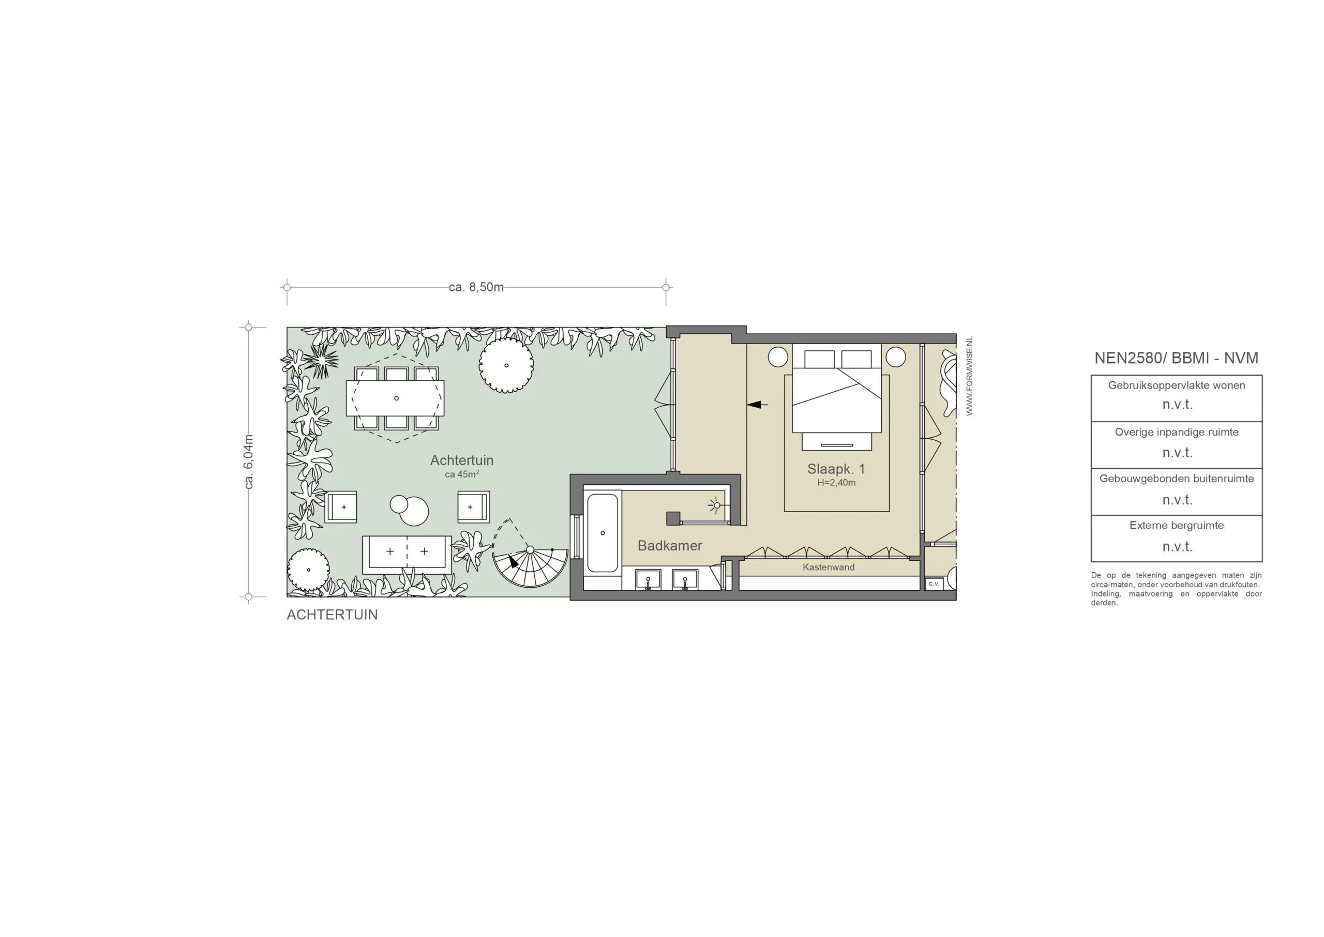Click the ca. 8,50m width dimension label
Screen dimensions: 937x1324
coord(476,287)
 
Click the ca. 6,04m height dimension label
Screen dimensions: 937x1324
coord(249,462)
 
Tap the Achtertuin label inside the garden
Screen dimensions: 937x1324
coord(461,460)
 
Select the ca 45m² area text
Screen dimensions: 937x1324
coord(461,474)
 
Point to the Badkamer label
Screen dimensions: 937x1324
coord(669,546)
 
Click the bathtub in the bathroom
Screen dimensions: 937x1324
coord(602,532)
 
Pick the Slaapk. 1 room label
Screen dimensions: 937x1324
coord(836,469)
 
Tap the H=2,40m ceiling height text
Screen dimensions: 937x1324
coord(836,483)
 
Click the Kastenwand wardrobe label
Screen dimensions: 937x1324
coord(828,568)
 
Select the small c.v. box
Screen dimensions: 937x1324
coord(934,584)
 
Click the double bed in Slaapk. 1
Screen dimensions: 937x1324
coord(836,398)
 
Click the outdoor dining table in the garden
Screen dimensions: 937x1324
coord(395,398)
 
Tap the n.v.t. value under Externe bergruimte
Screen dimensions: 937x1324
coord(1177,546)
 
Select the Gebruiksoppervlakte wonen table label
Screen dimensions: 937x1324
coord(1177,385)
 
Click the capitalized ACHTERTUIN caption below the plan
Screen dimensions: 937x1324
coord(332,615)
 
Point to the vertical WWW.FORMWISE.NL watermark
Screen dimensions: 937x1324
coord(969,376)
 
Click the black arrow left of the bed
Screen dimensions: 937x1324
coord(758,405)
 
